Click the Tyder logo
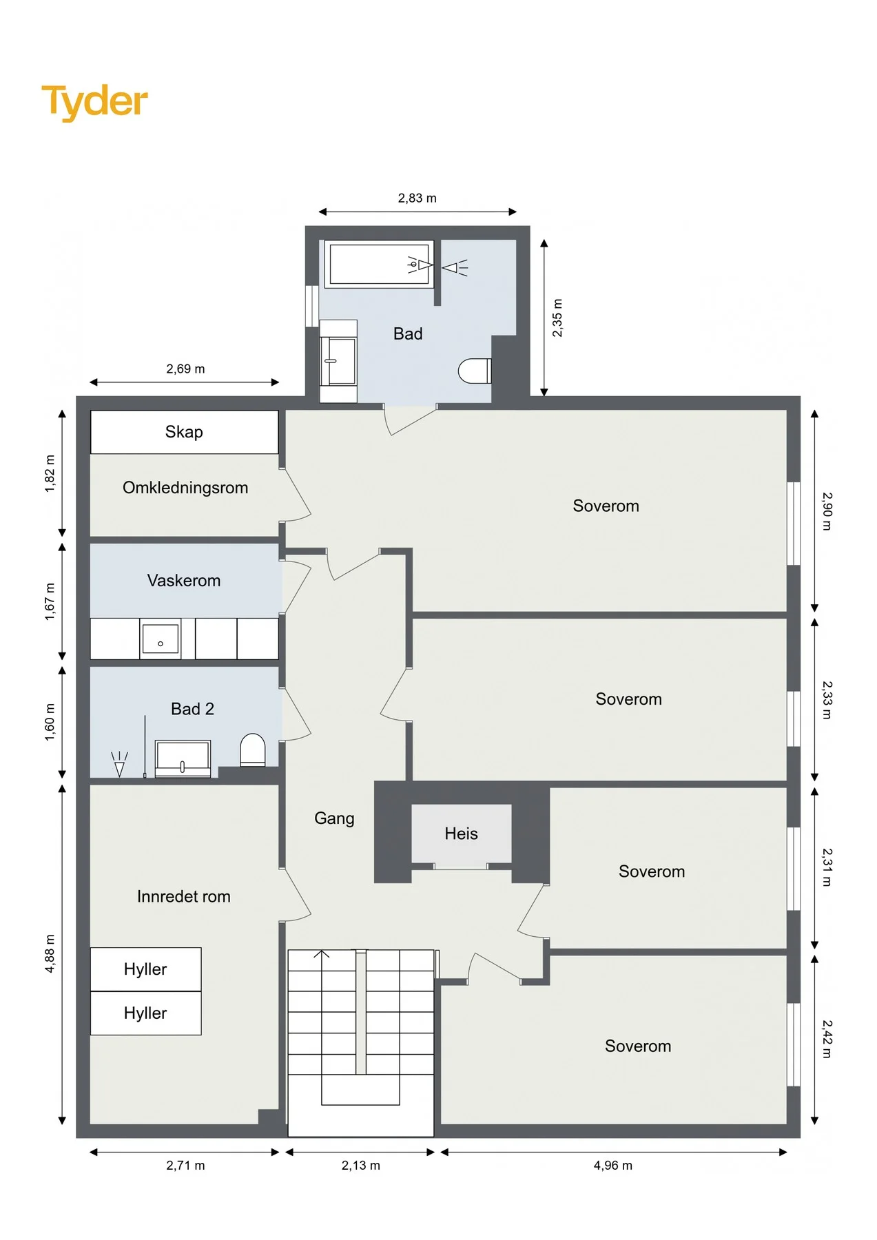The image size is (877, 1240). (94, 102)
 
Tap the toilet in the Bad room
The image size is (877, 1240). (475, 371)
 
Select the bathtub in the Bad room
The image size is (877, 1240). (379, 264)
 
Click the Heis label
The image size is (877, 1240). (461, 834)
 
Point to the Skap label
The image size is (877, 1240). (184, 432)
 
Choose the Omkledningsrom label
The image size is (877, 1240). (185, 488)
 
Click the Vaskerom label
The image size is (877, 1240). (184, 581)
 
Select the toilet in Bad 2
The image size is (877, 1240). (253, 750)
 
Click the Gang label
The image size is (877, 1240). (334, 818)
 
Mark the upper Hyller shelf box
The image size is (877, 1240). (145, 969)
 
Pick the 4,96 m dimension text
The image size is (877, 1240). (613, 1166)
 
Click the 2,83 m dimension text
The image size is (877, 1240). (417, 198)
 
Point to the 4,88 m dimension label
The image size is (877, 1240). (50, 953)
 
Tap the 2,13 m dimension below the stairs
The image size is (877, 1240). (361, 1166)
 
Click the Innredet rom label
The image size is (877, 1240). (184, 896)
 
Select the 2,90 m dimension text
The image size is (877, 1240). (827, 511)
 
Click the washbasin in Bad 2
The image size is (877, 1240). (183, 758)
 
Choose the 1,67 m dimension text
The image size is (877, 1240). (50, 601)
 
